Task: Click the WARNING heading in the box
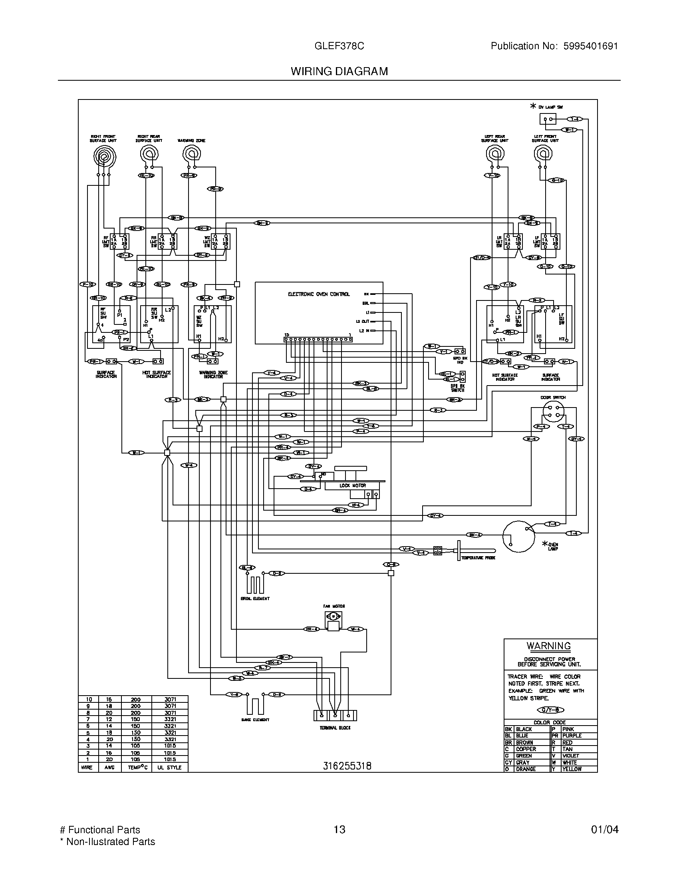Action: [549, 646]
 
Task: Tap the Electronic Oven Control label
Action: [319, 294]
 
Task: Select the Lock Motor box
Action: [352, 486]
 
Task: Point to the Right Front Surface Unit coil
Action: [104, 156]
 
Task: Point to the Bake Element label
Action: [255, 720]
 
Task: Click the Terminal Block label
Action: [335, 728]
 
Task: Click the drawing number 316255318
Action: [347, 766]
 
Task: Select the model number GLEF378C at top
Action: [339, 46]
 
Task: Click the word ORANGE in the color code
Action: [526, 769]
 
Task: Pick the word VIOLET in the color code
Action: [570, 756]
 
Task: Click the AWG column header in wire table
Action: [109, 768]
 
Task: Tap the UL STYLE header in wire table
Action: [169, 768]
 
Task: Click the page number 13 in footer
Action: [339, 829]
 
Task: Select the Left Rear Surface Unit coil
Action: [495, 153]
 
